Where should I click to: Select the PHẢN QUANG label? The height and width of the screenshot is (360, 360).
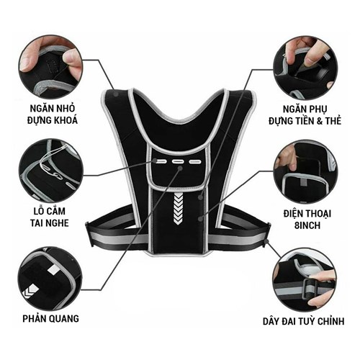(x=50, y=318)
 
